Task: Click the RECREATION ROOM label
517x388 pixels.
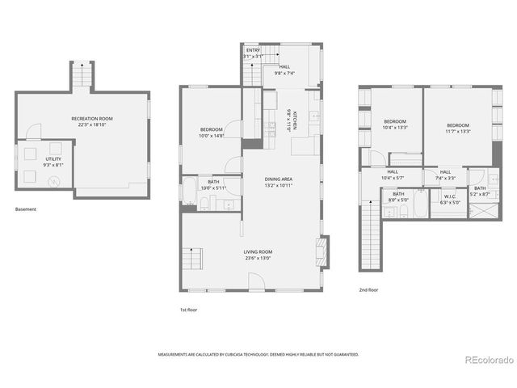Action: point(90,119)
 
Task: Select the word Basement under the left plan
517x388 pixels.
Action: point(26,209)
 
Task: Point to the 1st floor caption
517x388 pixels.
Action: point(188,310)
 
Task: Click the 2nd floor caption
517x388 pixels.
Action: point(368,289)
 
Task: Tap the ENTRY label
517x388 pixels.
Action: point(254,50)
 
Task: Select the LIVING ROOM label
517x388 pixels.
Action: point(258,252)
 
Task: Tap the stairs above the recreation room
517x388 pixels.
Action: point(82,78)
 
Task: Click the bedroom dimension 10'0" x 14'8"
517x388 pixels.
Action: point(211,136)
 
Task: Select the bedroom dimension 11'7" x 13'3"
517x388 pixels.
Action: point(458,132)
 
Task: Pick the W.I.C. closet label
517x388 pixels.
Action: point(450,196)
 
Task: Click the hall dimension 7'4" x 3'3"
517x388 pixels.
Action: point(445,178)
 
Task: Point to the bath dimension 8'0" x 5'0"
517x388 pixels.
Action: point(399,200)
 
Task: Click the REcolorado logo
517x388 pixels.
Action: point(485,359)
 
